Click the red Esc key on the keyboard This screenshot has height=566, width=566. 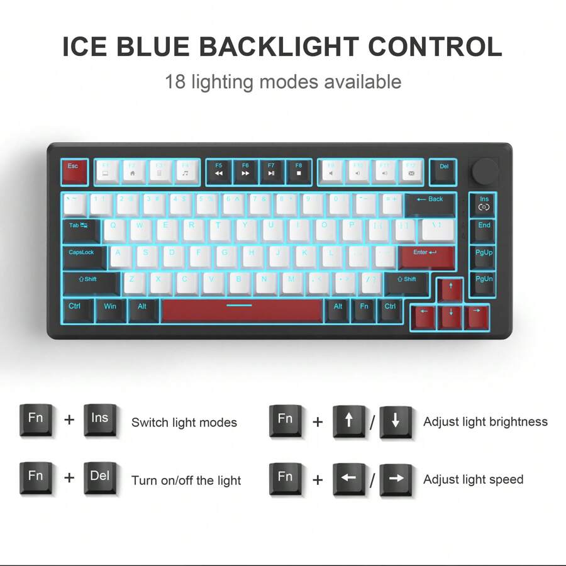[74, 171]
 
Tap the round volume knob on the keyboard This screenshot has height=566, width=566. [485, 170]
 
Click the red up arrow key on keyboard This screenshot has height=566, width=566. [450, 291]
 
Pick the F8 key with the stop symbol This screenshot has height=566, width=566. [299, 172]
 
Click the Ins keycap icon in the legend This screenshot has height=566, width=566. [100, 420]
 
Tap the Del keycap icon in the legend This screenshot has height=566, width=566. [100, 478]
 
